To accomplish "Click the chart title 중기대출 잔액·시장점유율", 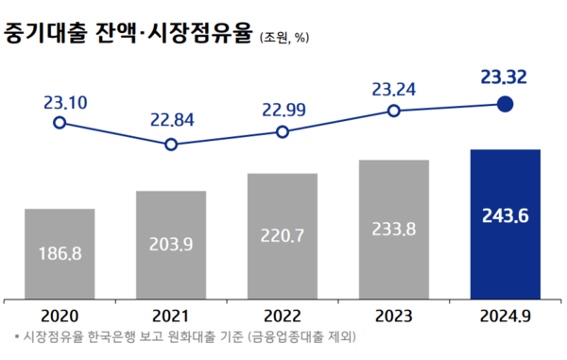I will pos(128,35).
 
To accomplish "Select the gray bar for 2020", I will pos(60,250).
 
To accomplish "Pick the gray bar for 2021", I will pos(171,242).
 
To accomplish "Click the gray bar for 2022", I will pos(282,233).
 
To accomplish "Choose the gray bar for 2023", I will pos(393,227).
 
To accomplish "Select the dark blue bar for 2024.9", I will pos(505,222).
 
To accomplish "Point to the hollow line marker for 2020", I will pos(60,123).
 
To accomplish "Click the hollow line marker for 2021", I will pos(171,145).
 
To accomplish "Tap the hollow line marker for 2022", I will pos(282,132).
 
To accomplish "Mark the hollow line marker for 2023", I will pos(393,111).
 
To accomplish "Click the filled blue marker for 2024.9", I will pos(505,105).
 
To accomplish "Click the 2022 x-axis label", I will pos(282,316).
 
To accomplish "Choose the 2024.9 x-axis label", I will pos(505,316).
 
